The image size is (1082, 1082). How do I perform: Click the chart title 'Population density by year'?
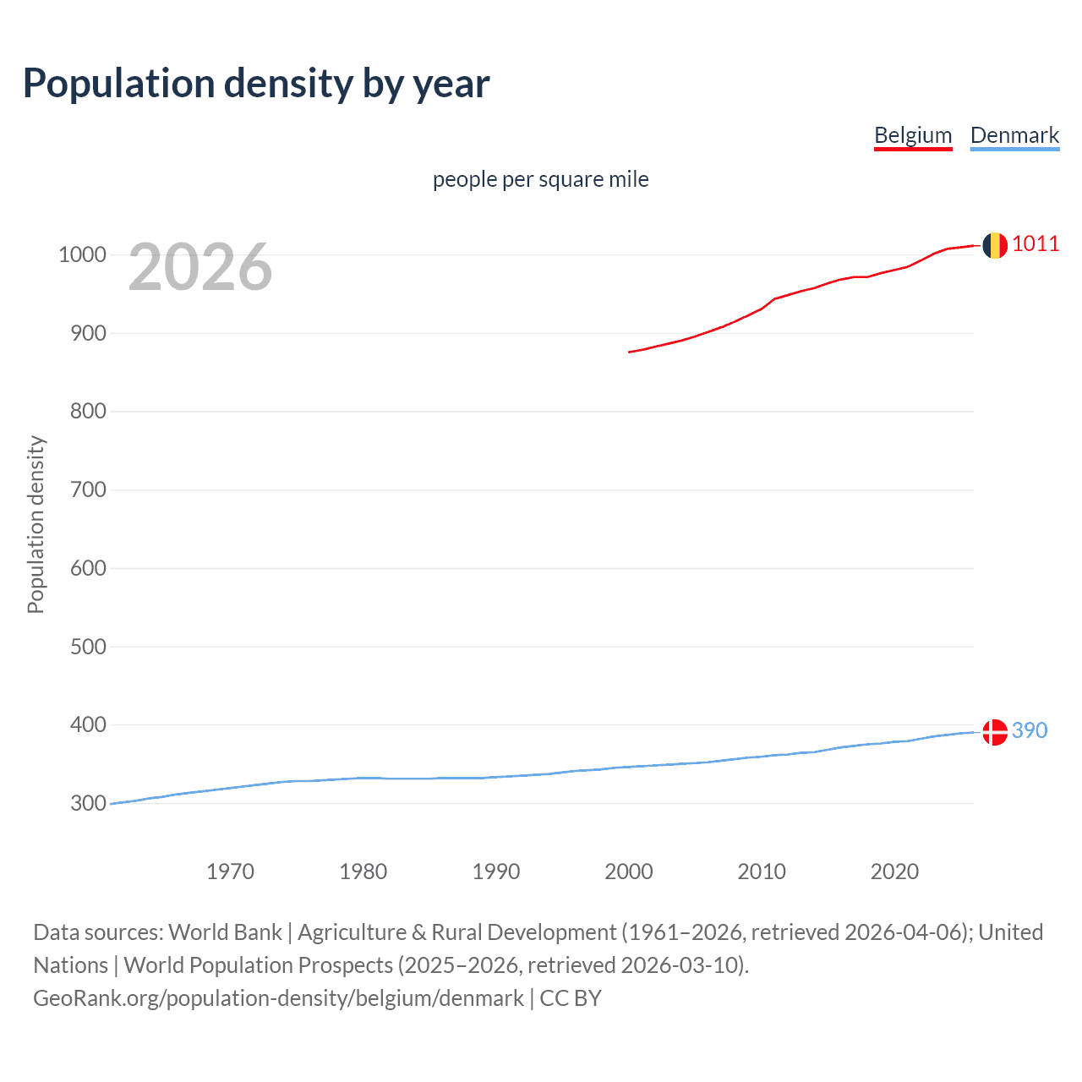tap(256, 84)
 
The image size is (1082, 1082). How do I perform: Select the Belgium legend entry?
tap(913, 135)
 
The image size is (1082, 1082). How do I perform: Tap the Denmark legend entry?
tap(1014, 135)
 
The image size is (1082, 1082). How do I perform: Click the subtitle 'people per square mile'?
tap(540, 179)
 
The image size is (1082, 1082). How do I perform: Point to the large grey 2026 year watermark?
tap(200, 267)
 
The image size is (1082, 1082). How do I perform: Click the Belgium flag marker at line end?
tap(995, 245)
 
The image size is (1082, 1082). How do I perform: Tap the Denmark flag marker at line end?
tap(995, 732)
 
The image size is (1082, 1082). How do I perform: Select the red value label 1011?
tap(1036, 244)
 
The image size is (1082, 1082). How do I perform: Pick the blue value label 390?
tap(1030, 730)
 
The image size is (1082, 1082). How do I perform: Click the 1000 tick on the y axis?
tap(82, 254)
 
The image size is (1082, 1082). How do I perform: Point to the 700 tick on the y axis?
tap(88, 489)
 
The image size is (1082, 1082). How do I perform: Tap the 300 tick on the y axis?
tap(88, 803)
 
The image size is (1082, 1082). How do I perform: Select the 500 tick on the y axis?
tap(88, 647)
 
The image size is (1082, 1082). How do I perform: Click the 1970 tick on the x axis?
tap(230, 872)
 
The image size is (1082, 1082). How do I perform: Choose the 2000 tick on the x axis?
tap(629, 872)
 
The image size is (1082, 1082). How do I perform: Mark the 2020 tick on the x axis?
tap(894, 872)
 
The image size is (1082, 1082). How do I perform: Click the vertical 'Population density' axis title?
tap(36, 524)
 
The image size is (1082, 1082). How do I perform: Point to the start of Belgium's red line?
tap(630, 352)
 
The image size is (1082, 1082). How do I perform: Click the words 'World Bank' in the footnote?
tap(225, 932)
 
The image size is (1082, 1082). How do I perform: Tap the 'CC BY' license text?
tap(571, 998)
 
